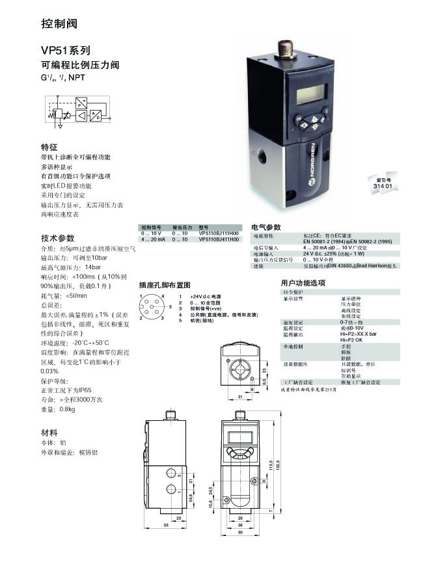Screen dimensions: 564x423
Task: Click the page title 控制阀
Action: [x=59, y=24]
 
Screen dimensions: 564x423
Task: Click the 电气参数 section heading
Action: [x=266, y=226]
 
